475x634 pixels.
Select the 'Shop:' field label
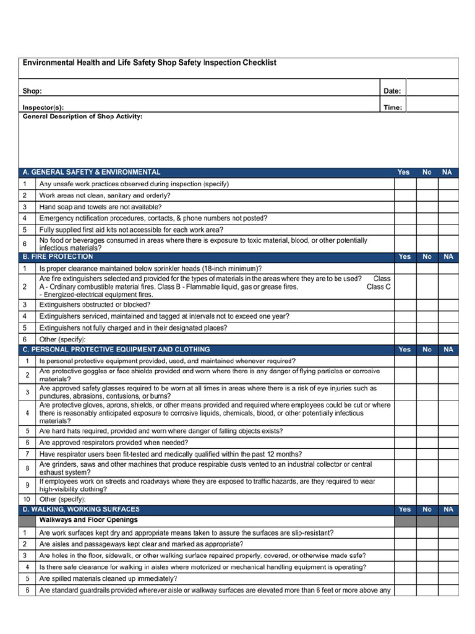[x=32, y=91]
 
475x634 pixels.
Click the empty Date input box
[x=432, y=91]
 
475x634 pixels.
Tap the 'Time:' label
[x=393, y=107]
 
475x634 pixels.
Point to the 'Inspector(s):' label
[x=43, y=107]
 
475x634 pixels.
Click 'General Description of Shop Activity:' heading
[x=82, y=116]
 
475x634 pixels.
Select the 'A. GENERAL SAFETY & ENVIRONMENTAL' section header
[x=92, y=172]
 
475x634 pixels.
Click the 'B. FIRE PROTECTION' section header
[x=58, y=256]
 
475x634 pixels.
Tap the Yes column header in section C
[x=404, y=349]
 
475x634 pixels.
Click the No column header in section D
[x=427, y=509]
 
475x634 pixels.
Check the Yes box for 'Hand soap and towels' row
[x=404, y=207]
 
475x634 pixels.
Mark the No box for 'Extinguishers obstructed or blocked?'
[x=427, y=305]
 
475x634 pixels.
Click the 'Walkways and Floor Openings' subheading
[x=88, y=520]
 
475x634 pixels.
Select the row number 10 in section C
[x=27, y=499]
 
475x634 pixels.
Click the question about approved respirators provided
[x=114, y=443]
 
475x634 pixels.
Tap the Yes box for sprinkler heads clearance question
[x=404, y=268]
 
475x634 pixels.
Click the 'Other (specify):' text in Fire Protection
[x=62, y=339]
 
